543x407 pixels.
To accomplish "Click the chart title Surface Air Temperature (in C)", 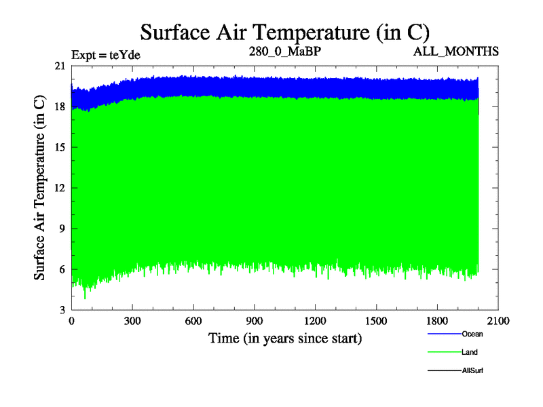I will tap(285, 32).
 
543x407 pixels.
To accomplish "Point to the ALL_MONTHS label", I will tap(456, 52).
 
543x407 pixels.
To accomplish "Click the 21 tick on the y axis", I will tap(60, 66).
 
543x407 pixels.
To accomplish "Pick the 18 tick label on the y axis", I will tap(60, 106).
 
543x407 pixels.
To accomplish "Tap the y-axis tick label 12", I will tap(60, 188).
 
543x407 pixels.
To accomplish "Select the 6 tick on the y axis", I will tap(62, 269).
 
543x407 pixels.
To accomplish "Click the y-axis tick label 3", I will tap(62, 310).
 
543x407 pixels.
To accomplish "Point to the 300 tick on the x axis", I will tap(132, 321).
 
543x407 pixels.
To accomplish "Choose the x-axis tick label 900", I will tap(255, 321).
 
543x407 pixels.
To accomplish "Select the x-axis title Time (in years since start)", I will tap(284, 338).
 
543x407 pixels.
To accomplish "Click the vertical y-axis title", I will tap(40, 188).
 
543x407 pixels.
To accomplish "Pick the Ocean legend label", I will tap(472, 334).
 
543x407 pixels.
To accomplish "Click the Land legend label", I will tap(470, 353).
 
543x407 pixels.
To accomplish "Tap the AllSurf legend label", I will tap(472, 371).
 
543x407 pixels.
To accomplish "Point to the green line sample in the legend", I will tap(444, 353).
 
